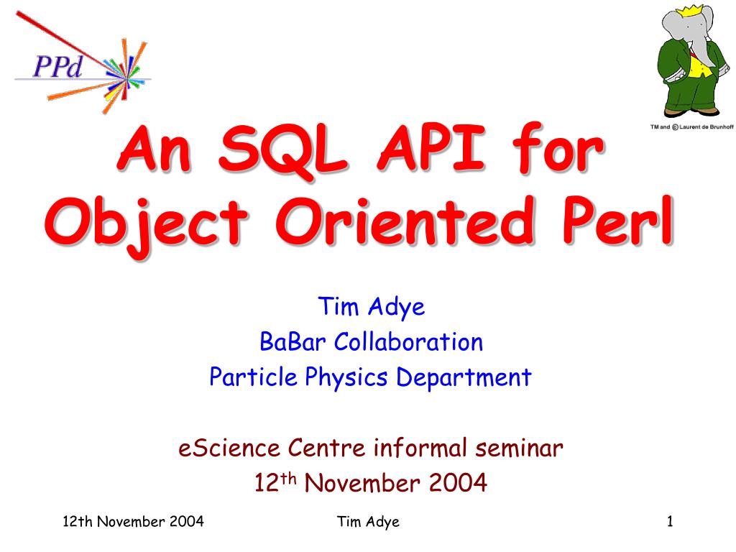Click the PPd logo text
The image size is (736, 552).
click(57, 66)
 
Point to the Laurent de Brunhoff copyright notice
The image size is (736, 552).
click(691, 126)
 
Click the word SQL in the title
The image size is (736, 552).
click(282, 149)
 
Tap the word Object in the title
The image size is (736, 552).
click(146, 224)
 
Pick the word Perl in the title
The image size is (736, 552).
click(618, 220)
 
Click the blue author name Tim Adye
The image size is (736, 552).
click(372, 308)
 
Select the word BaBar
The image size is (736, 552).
click(292, 341)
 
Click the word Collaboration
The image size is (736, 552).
click(408, 341)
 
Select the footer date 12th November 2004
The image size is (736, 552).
click(133, 521)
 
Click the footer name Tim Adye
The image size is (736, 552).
click(368, 522)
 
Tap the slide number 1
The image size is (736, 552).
click(670, 521)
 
